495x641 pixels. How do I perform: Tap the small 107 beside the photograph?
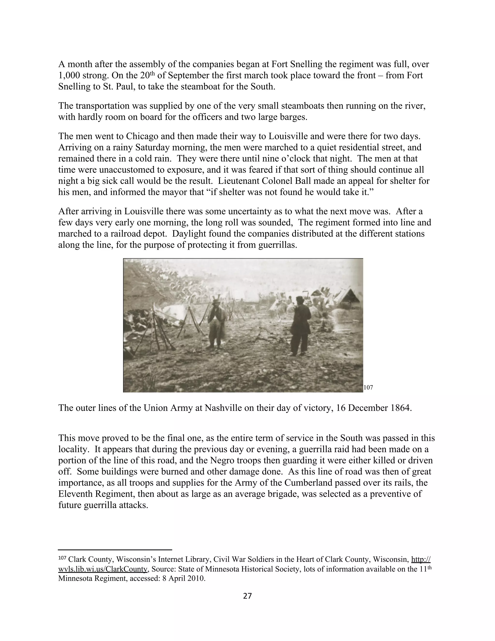coord(368,388)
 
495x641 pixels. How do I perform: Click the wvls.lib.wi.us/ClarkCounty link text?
coord(103,569)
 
